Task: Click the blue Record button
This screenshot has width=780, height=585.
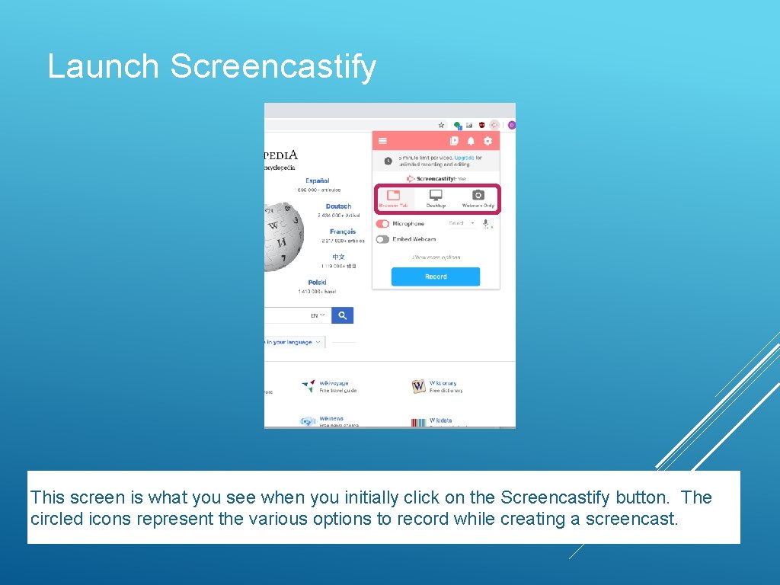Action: [x=436, y=277]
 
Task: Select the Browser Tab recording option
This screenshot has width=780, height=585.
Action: [x=394, y=198]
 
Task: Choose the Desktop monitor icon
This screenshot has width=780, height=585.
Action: [x=436, y=197]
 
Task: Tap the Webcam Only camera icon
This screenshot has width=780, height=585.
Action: [x=478, y=197]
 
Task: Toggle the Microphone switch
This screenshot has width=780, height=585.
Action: [x=382, y=224]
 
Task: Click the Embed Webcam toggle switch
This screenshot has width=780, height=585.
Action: [x=382, y=239]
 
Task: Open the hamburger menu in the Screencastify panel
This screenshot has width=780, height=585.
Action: [x=382, y=141]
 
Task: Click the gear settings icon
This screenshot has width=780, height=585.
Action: [x=487, y=141]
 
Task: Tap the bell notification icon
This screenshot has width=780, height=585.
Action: [x=471, y=141]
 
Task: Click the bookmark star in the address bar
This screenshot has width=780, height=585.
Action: [x=441, y=125]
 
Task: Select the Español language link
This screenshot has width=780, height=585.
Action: [x=318, y=181]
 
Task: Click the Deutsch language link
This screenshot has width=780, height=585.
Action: [x=338, y=206]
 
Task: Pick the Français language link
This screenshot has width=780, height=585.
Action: [x=343, y=232]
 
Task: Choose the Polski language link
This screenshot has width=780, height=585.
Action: [x=317, y=283]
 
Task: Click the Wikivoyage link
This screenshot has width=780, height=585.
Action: [x=334, y=383]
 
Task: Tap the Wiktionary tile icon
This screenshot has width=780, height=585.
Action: [x=418, y=387]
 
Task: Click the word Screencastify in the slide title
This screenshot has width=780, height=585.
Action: [x=273, y=66]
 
